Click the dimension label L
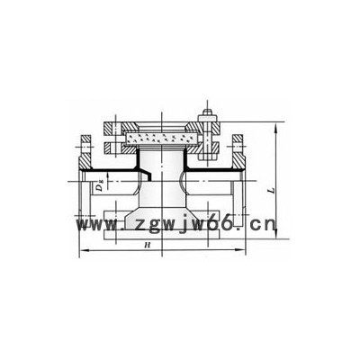[271, 190]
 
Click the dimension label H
[147, 245]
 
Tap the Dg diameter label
[100, 187]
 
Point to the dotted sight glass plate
[162, 139]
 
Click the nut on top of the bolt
[207, 113]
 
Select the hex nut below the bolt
[207, 157]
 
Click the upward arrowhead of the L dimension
[276, 127]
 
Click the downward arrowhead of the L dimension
[276, 234]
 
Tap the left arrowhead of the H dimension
[84, 249]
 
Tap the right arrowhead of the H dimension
[241, 249]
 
